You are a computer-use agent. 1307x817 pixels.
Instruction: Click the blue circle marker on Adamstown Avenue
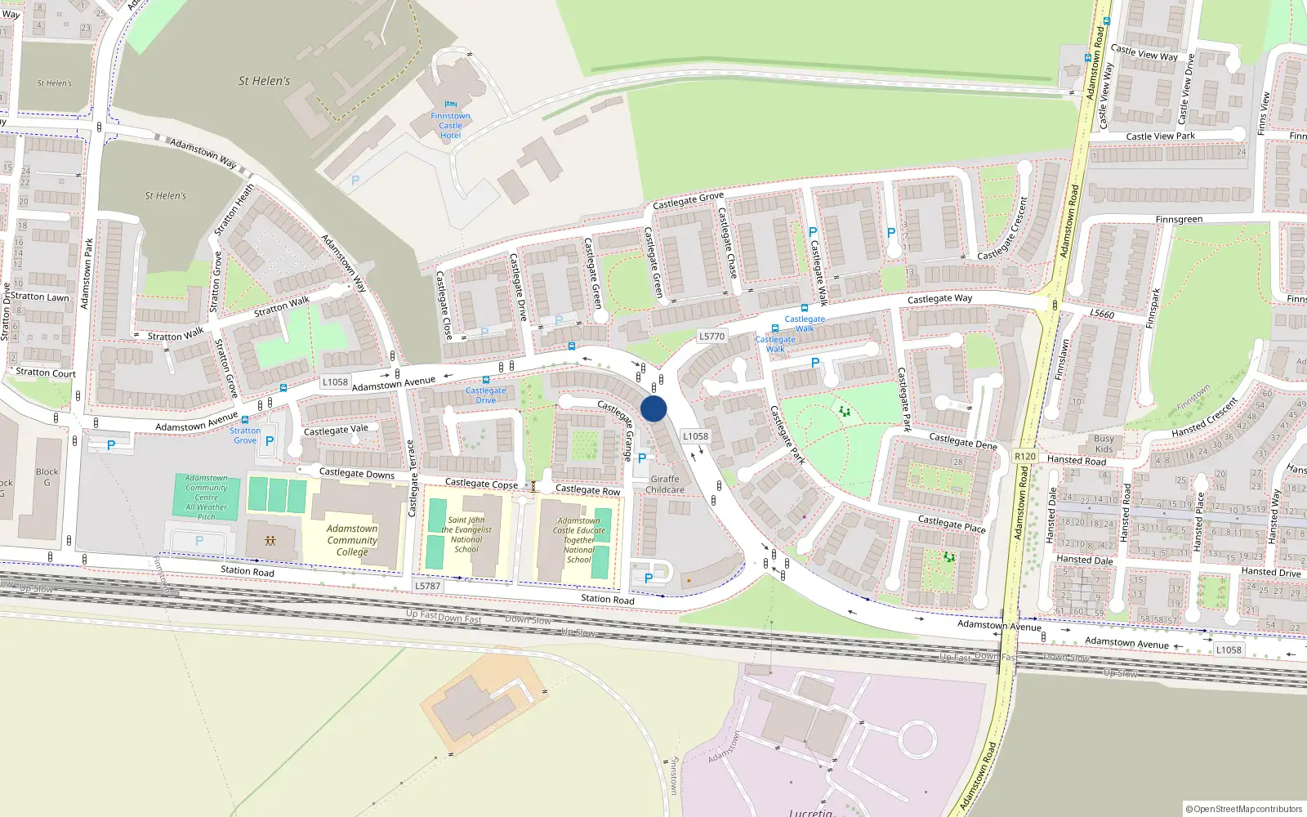point(653,408)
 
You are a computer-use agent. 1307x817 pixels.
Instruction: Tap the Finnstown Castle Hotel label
point(450,126)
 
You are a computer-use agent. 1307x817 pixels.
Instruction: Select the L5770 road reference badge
point(711,336)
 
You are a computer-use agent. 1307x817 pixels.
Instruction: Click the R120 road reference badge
point(1024,457)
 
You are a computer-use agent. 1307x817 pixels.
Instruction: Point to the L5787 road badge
point(427,586)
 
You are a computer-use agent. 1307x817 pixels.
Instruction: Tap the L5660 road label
point(1101,314)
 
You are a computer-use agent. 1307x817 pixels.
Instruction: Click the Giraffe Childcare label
point(665,484)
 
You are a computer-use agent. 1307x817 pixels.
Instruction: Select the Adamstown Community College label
point(352,540)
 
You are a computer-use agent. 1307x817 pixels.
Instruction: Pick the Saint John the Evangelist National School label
point(466,534)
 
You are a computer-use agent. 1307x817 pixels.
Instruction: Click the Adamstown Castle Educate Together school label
point(579,540)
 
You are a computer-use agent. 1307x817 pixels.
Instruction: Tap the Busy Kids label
point(1104,444)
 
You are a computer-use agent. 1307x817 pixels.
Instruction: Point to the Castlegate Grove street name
point(688,200)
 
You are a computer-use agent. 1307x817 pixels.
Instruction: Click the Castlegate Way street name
point(939,299)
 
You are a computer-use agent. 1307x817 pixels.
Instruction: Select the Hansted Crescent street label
point(1204,417)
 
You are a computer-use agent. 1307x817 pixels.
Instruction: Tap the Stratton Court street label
point(46,373)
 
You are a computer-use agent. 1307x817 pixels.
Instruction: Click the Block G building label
point(47,477)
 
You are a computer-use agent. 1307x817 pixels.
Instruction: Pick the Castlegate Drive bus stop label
point(486,395)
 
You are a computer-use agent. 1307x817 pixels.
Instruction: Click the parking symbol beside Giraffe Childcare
point(642,458)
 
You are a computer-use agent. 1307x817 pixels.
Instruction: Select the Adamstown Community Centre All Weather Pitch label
point(207,497)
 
